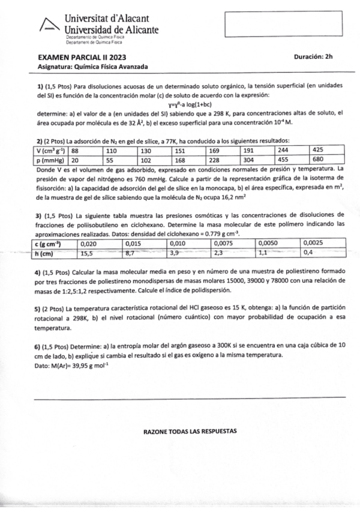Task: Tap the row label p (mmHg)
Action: (x=49, y=160)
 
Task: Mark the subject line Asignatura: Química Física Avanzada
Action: (x=92, y=66)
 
